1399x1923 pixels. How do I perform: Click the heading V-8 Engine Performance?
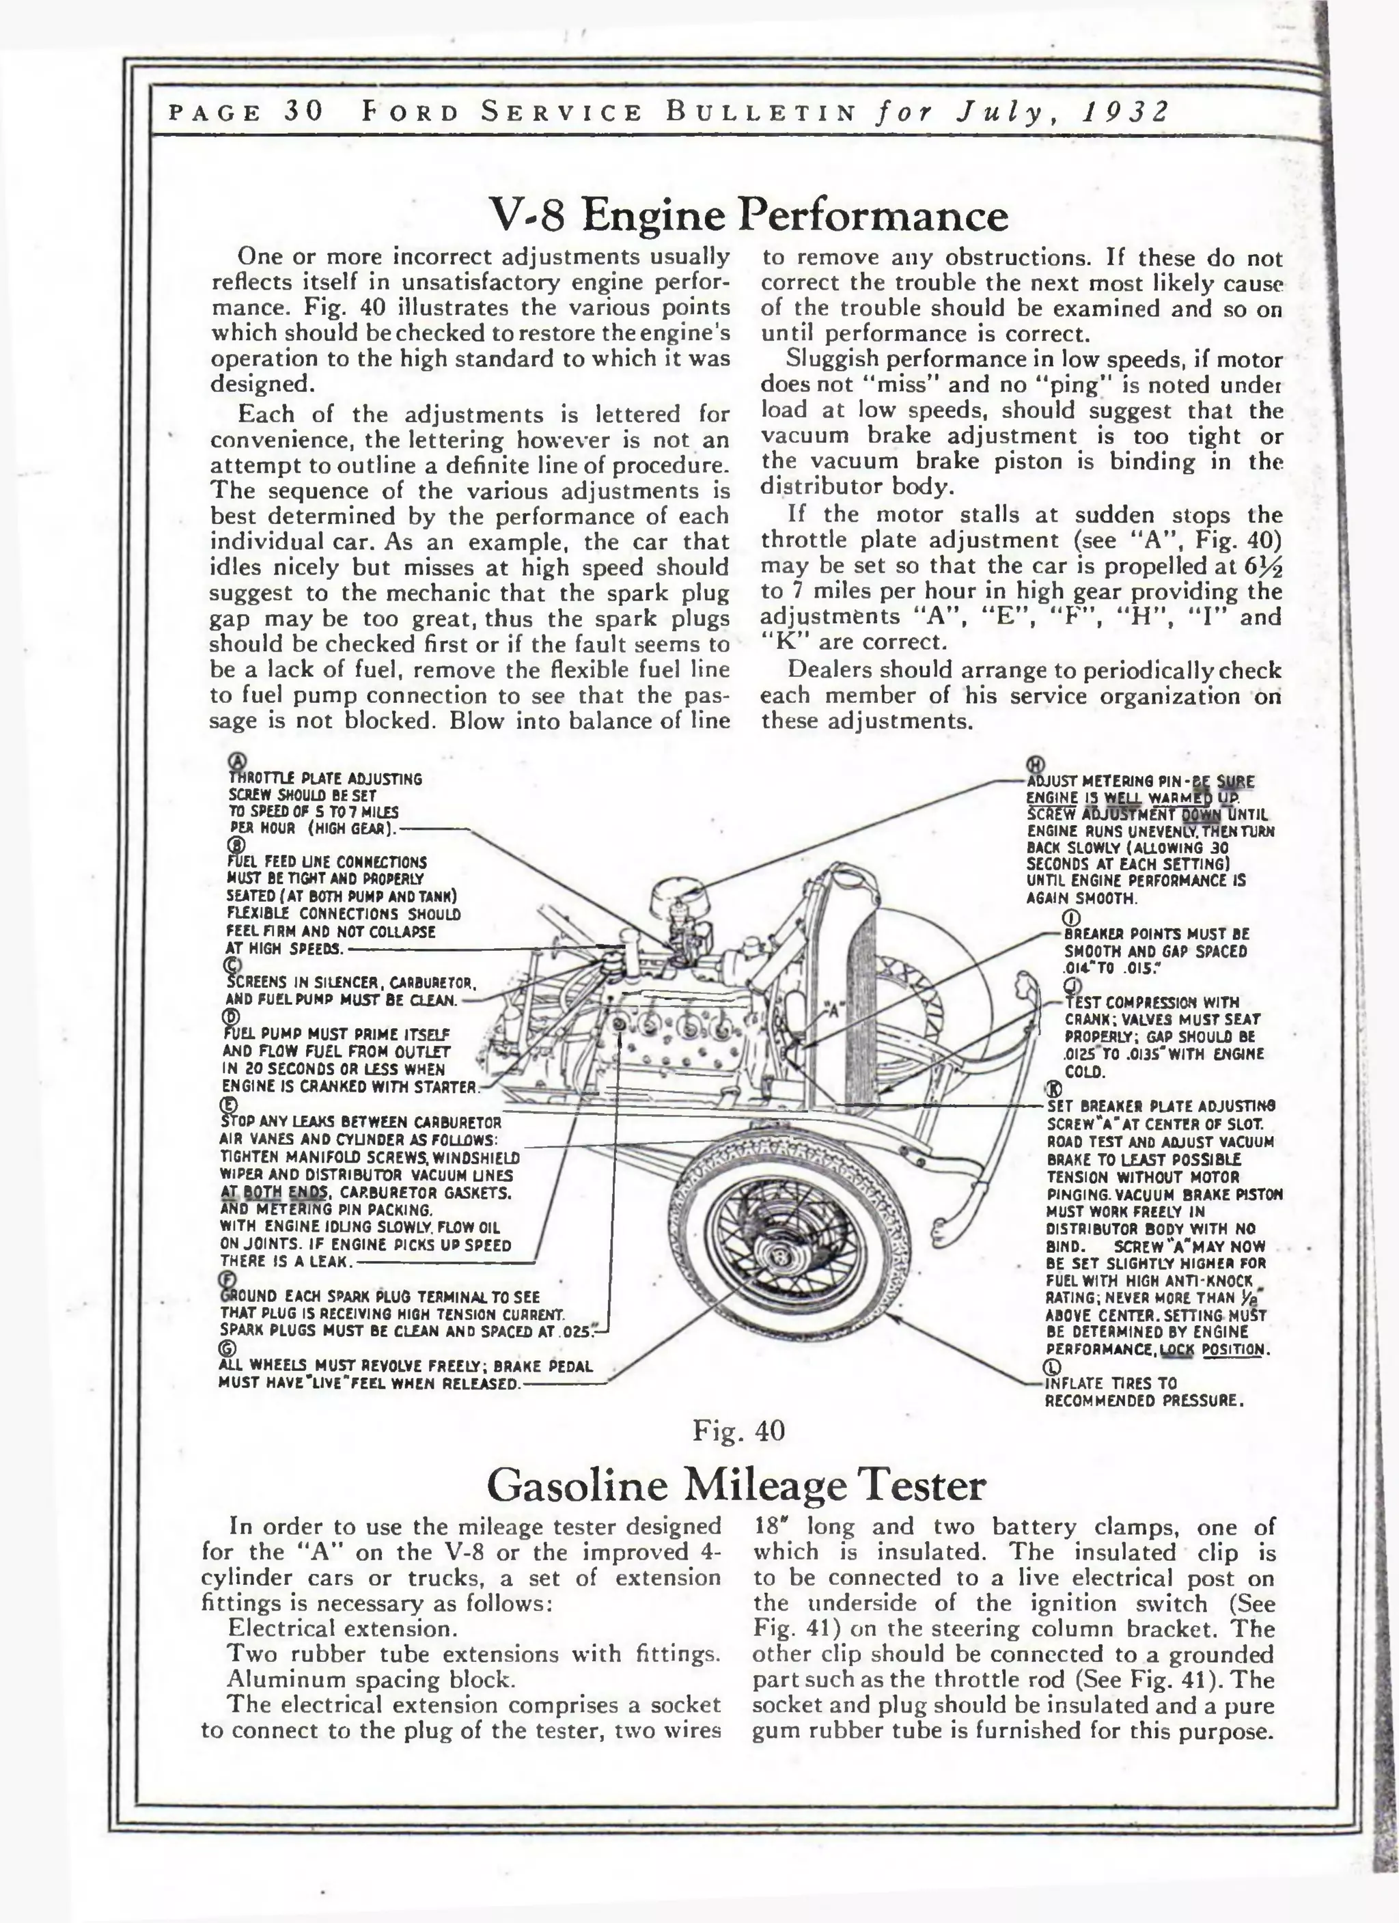749,215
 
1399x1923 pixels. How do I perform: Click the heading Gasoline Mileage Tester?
736,1484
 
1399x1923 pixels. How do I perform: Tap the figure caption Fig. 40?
738,1430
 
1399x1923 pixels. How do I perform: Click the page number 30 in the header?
303,113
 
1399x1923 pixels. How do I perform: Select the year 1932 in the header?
1127,113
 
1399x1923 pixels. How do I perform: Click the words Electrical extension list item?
342,1628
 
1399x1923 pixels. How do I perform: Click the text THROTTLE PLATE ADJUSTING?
326,778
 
